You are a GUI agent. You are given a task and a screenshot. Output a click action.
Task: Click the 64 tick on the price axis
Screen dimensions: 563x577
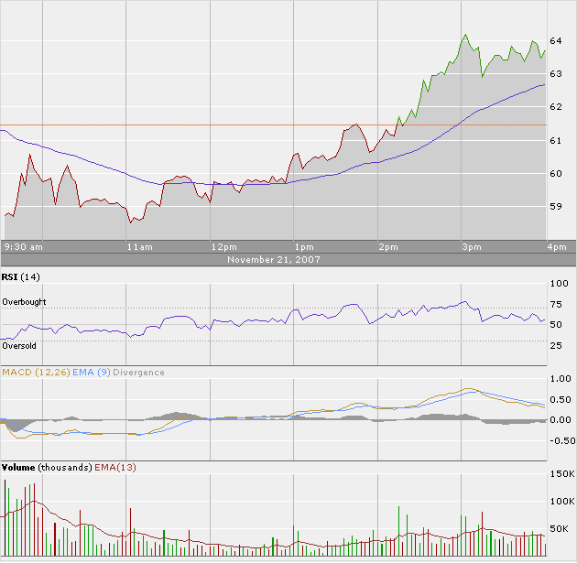point(555,41)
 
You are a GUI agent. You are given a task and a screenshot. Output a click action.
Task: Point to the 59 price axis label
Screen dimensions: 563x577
point(555,207)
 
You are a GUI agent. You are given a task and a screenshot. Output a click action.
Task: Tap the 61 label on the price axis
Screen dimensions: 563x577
point(555,141)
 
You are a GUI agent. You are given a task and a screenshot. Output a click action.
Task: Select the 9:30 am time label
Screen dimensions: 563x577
point(24,247)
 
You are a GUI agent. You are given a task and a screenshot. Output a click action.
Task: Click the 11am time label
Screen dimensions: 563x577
point(139,247)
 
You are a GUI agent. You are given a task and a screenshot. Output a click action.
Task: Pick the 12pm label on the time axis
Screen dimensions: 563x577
point(223,247)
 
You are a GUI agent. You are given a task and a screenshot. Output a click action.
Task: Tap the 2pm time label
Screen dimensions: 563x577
point(388,247)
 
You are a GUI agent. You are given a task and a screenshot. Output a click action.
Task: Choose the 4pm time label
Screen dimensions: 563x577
point(556,247)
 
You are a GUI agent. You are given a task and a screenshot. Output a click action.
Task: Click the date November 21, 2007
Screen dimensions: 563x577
point(272,260)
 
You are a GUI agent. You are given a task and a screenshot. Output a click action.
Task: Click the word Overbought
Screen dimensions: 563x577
point(24,302)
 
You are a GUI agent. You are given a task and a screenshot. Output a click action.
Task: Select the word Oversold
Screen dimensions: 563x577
point(19,346)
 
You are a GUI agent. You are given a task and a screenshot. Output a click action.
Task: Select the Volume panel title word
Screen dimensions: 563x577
point(19,468)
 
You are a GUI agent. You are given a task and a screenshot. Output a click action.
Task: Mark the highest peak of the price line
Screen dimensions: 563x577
point(465,35)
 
